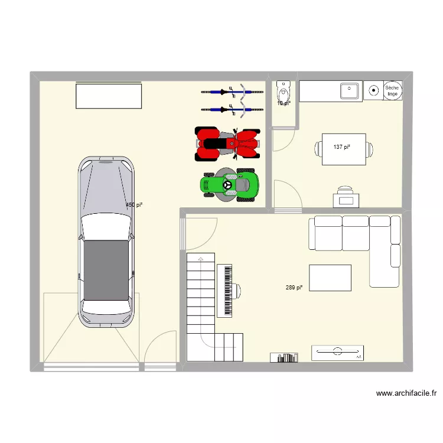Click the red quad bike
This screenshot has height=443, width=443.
click(227, 144)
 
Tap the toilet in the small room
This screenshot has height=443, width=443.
click(284, 92)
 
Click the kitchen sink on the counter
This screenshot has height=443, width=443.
click(349, 91)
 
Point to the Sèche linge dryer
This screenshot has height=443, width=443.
click(392, 90)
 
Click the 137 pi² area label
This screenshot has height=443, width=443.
click(342, 146)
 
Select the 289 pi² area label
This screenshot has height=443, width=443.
click(294, 288)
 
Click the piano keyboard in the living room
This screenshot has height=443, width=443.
click(225, 290)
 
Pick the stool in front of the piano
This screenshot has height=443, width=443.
click(237, 290)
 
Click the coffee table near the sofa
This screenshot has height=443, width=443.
click(330, 278)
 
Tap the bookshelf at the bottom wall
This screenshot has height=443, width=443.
click(285, 357)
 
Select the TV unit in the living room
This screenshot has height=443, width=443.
click(338, 353)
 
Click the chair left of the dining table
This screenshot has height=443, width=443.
click(319, 151)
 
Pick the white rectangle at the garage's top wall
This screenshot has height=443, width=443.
click(109, 96)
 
